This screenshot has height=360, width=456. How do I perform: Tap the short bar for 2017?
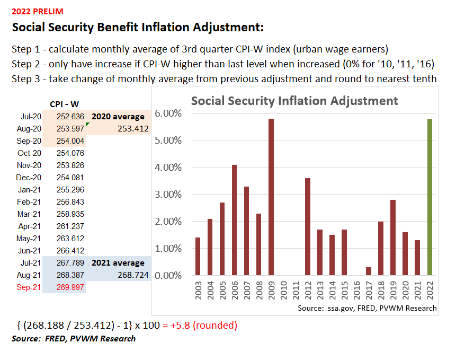tap(369, 271)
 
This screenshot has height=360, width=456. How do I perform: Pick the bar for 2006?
tap(235, 220)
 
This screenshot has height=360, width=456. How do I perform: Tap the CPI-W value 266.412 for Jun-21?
tap(70, 251)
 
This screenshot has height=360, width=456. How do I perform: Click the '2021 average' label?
tap(118, 263)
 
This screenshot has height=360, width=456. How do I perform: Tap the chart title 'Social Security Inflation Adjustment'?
tap(294, 101)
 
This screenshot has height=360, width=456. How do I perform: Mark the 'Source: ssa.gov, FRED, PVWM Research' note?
tap(366, 308)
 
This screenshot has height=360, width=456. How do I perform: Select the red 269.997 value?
tap(70, 287)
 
